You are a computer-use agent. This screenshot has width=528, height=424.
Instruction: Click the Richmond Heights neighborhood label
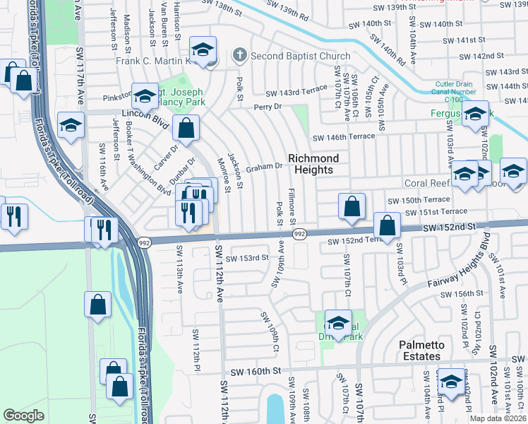click(313, 164)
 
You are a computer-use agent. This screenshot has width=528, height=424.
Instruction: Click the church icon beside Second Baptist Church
click(240, 55)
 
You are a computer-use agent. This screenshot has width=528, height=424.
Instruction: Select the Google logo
click(23, 416)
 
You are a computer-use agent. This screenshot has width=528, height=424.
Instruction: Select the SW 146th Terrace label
click(342, 138)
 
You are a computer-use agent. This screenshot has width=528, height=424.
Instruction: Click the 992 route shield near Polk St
click(299, 234)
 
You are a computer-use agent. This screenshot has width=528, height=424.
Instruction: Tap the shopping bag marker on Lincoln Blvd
click(186, 129)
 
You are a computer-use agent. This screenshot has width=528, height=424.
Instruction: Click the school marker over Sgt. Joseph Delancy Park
click(145, 98)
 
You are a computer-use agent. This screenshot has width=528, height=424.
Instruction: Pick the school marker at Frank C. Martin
click(203, 51)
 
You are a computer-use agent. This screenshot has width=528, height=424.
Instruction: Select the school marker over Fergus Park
click(476, 114)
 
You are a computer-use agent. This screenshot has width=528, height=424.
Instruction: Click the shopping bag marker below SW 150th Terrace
click(352, 207)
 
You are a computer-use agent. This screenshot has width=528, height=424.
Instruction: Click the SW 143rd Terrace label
click(296, 91)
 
